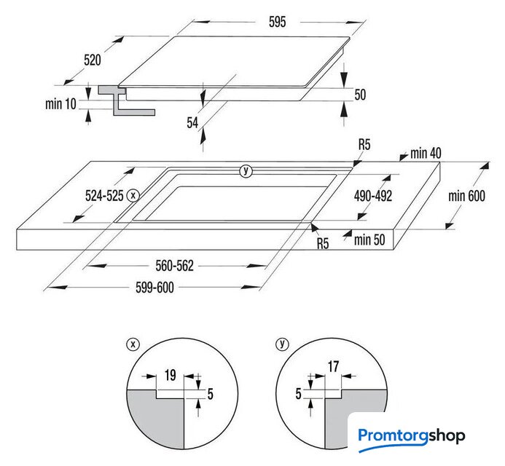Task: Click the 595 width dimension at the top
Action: (278, 22)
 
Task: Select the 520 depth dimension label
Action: (93, 60)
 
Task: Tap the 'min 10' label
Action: (60, 103)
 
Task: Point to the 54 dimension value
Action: (192, 122)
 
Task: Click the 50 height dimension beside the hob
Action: (361, 95)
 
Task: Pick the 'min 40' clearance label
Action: (426, 153)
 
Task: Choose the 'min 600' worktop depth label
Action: (466, 196)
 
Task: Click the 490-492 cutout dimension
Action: (373, 196)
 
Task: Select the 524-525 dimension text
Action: (104, 195)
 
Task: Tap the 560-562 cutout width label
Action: (175, 266)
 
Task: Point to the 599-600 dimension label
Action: (154, 288)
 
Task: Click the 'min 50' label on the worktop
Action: (369, 240)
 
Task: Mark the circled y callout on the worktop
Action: (246, 171)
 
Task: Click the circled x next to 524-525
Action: (133, 195)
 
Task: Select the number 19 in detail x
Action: (171, 375)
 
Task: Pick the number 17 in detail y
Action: (333, 366)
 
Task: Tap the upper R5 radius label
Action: (364, 145)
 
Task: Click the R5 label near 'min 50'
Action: (323, 244)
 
